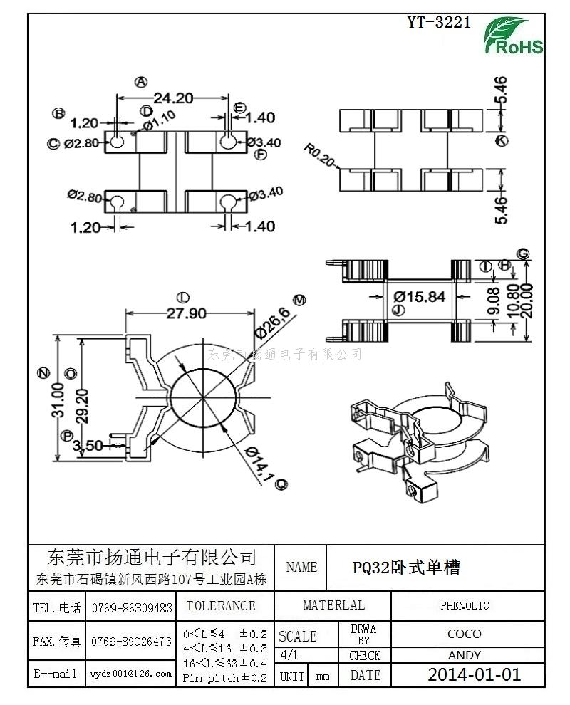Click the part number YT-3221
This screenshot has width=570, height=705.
click(438, 22)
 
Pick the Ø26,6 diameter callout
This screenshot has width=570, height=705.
click(271, 323)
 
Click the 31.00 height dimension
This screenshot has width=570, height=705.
click(58, 399)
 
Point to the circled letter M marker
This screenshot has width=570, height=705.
click(299, 300)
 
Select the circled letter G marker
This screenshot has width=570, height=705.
click(523, 254)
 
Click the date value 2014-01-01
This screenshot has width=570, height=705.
click(474, 674)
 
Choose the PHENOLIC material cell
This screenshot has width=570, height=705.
click(465, 606)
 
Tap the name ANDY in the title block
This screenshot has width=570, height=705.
click(465, 655)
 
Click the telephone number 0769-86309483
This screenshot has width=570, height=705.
click(131, 608)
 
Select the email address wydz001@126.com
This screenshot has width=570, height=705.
click(131, 673)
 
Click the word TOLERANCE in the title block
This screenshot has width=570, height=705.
click(221, 606)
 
